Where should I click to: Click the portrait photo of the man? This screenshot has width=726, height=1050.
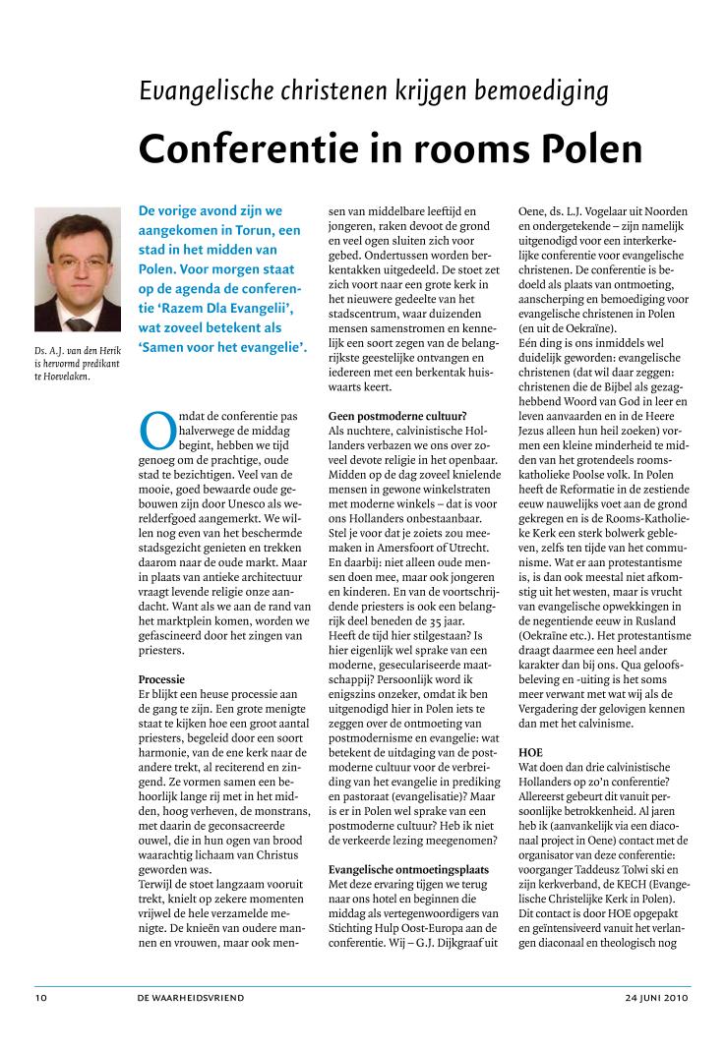78,268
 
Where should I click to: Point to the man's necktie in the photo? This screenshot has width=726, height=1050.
79,321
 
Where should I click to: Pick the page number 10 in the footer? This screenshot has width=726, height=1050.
40,996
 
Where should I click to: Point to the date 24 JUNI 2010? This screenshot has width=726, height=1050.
656,996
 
